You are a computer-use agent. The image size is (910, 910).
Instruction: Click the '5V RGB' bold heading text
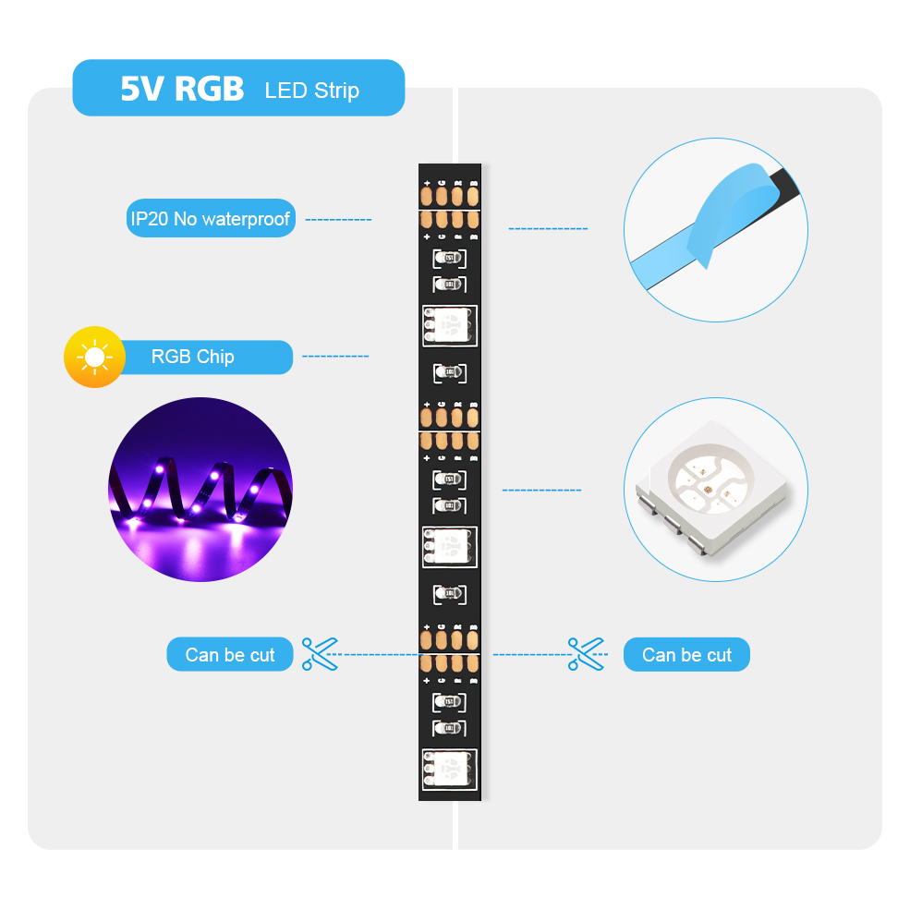[182, 89]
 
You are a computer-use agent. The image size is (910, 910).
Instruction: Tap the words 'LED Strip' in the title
[311, 91]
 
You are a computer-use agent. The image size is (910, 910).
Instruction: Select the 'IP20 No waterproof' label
[211, 219]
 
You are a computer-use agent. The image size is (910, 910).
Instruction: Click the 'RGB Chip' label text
[192, 357]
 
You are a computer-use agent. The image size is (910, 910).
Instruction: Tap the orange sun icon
[94, 357]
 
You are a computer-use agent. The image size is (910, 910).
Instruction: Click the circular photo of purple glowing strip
[200, 490]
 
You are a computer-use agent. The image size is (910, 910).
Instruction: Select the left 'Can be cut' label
[230, 655]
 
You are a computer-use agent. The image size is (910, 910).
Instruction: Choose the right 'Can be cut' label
[686, 655]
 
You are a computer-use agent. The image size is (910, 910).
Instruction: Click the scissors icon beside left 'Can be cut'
[320, 654]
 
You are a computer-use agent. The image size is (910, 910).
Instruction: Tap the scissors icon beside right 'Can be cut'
[586, 654]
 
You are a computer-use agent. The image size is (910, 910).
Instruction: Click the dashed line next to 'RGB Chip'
[335, 357]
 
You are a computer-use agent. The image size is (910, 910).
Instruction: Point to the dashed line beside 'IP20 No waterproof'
[338, 220]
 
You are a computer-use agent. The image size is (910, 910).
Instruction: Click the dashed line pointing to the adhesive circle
[548, 228]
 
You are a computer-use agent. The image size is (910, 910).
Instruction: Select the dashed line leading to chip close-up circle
[542, 490]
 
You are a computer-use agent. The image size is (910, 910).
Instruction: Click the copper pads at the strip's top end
[450, 196]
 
